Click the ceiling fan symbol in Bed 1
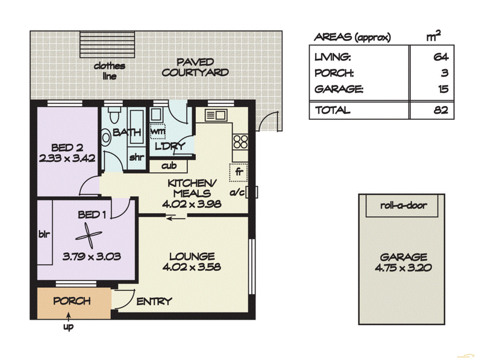[x=89, y=235]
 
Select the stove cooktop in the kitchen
[x=240, y=141]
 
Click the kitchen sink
[x=216, y=115]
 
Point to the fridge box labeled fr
[x=239, y=172]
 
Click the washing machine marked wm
[x=157, y=131]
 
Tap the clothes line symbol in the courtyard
[x=107, y=44]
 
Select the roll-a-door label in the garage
[x=403, y=205]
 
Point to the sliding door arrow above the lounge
[x=175, y=219]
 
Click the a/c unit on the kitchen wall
[x=251, y=192]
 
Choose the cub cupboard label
[x=169, y=166]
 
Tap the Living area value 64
[x=441, y=57]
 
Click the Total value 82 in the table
[x=441, y=110]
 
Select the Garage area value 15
[x=443, y=88]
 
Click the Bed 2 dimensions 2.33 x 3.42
[x=67, y=158]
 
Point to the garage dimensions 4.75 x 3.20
[x=403, y=267]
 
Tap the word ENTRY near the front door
[x=154, y=302]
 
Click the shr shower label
[x=137, y=157]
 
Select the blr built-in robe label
[x=44, y=234]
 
